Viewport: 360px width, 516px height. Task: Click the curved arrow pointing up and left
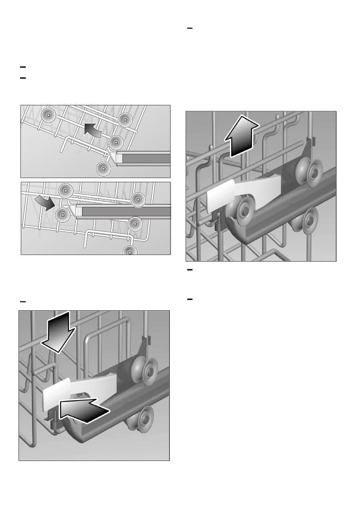point(92,131)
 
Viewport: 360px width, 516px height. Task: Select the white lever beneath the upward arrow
point(221,195)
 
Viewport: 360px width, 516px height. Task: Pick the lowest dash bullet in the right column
point(190,300)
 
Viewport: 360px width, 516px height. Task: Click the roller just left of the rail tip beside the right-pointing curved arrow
point(63,215)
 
